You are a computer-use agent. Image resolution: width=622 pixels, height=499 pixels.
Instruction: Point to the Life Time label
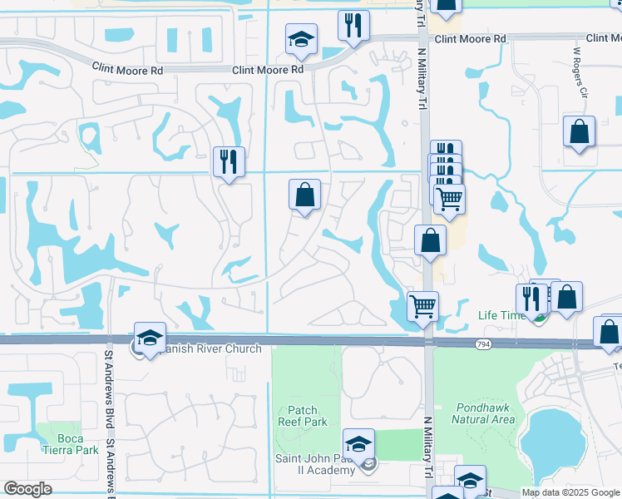(x=501, y=315)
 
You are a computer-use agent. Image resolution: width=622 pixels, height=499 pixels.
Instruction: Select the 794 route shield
(x=483, y=343)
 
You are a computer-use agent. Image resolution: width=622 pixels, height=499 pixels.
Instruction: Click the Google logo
(x=27, y=489)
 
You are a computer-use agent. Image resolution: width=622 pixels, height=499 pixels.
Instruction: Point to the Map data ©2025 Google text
(x=570, y=492)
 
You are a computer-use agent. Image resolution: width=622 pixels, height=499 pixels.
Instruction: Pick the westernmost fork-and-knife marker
(x=228, y=161)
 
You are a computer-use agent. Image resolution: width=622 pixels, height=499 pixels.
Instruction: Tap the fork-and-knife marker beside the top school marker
(x=353, y=26)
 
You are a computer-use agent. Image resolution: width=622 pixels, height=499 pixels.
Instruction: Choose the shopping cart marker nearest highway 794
(x=422, y=306)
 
